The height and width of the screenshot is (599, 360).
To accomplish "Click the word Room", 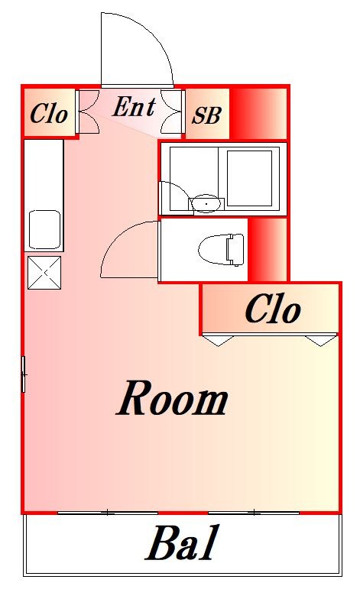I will tap(173, 399).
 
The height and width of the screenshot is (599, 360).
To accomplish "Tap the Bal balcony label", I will tap(183, 545).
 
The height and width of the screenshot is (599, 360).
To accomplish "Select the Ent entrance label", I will tap(134, 108).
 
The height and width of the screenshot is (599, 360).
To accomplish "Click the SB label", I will tap(206, 115).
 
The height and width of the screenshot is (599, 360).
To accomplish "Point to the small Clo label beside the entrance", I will tap(49, 114).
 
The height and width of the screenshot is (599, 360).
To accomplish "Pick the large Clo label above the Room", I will tap(272, 309).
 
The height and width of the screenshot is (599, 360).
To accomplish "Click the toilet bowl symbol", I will tap(221, 249).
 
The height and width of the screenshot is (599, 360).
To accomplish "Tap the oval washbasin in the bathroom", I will tap(206, 203).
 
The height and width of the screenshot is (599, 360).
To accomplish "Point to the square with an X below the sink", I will tap(44, 272).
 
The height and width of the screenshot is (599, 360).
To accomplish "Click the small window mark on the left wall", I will tap(24, 374).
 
